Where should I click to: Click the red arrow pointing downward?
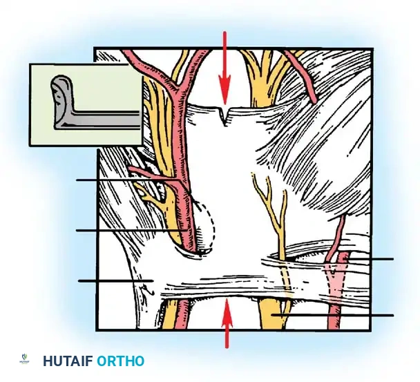tap(225, 68)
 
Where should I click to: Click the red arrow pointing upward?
tap(227, 323)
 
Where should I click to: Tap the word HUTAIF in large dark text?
tap(68, 361)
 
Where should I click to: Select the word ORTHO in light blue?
tap(120, 361)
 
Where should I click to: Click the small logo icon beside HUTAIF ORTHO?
tap(24, 359)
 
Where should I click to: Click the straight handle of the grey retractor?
tap(104, 120)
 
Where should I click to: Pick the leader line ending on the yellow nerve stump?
tap(332, 315)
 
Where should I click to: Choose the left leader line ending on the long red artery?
tap(132, 230)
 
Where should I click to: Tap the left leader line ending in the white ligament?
tap(116, 280)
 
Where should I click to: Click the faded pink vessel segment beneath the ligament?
tap(334, 284)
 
